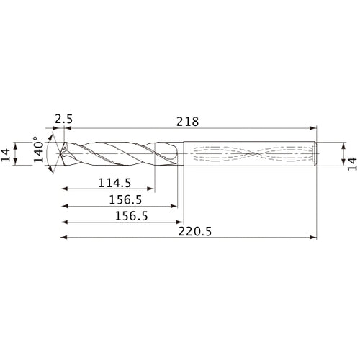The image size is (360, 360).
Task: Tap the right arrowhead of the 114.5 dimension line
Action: pyautogui.click(x=153, y=191)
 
